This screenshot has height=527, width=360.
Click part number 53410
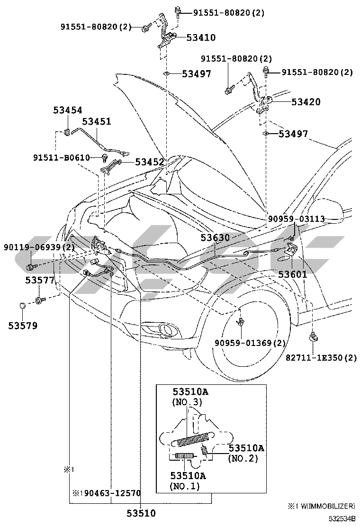click(201, 37)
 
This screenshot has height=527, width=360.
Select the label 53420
click(306, 101)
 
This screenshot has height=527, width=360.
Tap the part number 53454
click(67, 110)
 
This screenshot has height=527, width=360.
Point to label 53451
click(97, 121)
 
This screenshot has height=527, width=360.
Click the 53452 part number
click(149, 163)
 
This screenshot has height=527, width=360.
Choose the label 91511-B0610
click(62, 158)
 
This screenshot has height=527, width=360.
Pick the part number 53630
click(215, 237)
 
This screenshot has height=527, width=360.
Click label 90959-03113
click(296, 219)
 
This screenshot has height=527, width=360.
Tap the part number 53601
click(293, 274)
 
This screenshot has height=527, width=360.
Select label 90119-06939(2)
click(39, 247)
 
